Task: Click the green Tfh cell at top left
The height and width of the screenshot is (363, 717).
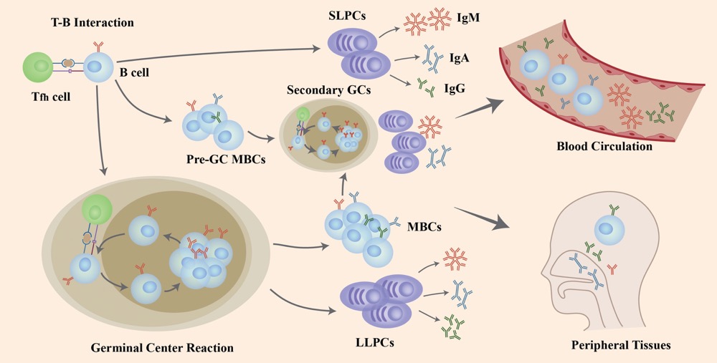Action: pyautogui.click(x=42, y=68)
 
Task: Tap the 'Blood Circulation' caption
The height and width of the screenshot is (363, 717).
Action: pyautogui.click(x=604, y=147)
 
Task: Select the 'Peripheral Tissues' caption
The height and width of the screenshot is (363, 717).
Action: pyautogui.click(x=621, y=345)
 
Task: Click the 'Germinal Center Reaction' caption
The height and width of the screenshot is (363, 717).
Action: pyautogui.click(x=162, y=348)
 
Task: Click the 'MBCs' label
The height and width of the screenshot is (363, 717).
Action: pyautogui.click(x=422, y=227)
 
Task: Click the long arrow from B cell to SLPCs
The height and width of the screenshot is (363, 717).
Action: pyautogui.click(x=215, y=56)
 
